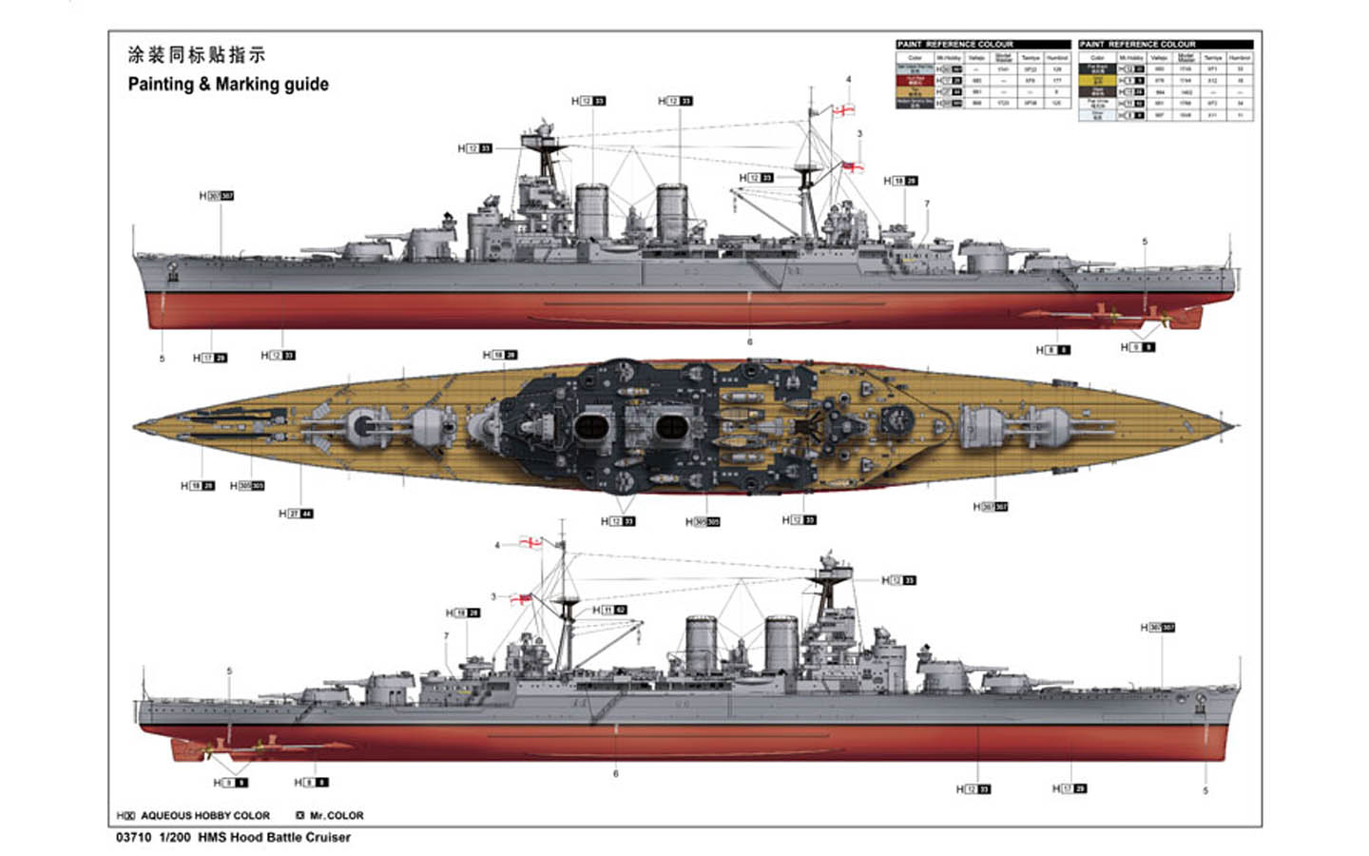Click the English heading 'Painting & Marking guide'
[x=228, y=84]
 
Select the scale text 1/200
[x=175, y=837]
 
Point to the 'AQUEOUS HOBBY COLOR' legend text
[x=204, y=815]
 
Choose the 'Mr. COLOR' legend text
[x=336, y=815]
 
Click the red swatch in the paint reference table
[x=914, y=81]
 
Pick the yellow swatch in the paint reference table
[x=1097, y=81]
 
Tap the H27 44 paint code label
[x=296, y=514]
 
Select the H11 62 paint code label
[x=609, y=610]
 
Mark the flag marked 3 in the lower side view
[x=520, y=599]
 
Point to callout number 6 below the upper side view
[x=749, y=341]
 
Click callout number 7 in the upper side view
[x=926, y=204]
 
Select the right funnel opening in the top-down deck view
[x=672, y=429]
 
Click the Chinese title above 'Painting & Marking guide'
[x=196, y=55]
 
